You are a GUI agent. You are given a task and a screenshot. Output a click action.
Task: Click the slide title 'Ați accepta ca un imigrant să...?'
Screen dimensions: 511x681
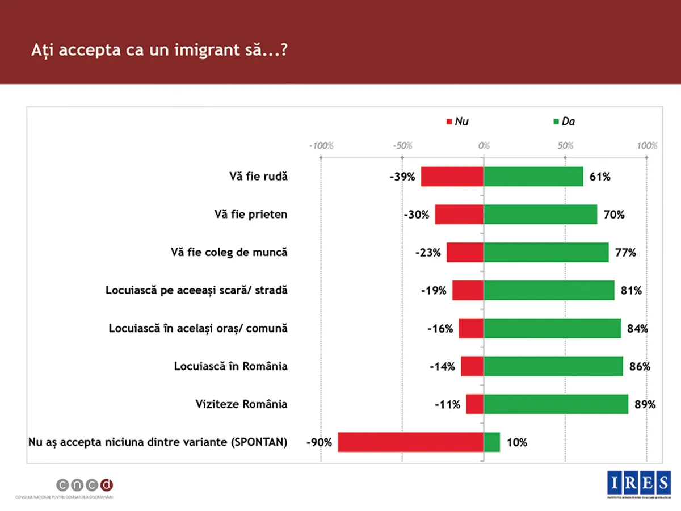click(159, 49)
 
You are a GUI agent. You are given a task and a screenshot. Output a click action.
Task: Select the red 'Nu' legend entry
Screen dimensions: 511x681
click(458, 122)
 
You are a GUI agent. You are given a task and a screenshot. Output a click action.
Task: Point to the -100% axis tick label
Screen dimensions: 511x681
click(321, 146)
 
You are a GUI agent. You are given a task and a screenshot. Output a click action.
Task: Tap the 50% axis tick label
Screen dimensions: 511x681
click(565, 146)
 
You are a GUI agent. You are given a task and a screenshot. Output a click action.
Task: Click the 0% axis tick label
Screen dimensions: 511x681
click(484, 146)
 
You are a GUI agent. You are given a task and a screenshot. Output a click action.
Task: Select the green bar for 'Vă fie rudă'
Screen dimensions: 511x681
click(533, 177)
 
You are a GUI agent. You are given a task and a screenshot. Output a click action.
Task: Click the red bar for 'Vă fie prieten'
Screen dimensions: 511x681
click(459, 215)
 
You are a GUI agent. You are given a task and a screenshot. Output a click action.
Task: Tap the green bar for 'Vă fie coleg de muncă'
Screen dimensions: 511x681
click(546, 253)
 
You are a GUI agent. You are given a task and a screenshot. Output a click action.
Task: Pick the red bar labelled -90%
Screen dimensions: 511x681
click(410, 442)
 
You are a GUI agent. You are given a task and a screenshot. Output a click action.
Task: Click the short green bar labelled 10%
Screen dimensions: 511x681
click(491, 442)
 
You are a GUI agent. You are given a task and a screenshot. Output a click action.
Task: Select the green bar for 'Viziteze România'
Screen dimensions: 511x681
click(556, 404)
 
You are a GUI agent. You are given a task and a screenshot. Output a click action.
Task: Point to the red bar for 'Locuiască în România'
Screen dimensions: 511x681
click(472, 366)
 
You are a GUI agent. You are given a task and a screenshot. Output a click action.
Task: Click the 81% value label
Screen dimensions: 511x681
click(631, 291)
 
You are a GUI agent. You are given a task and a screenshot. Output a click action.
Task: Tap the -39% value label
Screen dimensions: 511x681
click(403, 177)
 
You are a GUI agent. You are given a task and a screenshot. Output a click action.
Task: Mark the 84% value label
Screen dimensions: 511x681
click(637, 329)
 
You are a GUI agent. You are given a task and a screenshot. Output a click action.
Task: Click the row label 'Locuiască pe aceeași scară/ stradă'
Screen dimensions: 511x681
click(197, 291)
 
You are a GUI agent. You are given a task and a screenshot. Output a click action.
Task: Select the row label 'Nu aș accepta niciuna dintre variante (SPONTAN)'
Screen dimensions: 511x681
click(158, 442)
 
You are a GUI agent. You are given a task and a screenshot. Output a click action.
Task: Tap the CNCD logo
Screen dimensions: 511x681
click(85, 485)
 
